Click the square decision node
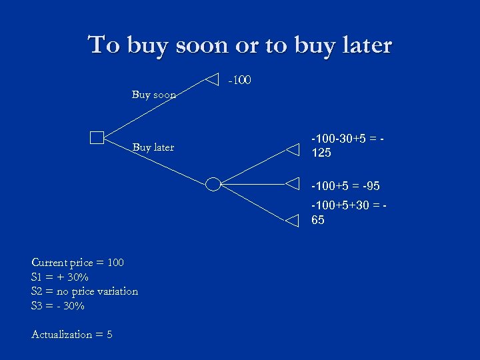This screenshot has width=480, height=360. [x=97, y=138]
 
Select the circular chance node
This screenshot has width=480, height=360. [x=213, y=184]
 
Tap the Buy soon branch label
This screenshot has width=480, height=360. [x=154, y=95]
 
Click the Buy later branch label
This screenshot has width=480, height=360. [x=153, y=147]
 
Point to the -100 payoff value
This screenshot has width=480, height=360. [x=239, y=81]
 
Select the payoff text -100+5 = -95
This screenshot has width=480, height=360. [x=345, y=185]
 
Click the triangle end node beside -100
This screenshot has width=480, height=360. [x=211, y=79]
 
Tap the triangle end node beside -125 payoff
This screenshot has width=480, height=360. [x=293, y=149]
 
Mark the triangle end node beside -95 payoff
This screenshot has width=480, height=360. [x=293, y=183]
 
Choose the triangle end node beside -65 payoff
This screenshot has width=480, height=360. [x=293, y=221]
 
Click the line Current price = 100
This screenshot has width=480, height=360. [x=77, y=263]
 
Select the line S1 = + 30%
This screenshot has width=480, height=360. [x=60, y=277]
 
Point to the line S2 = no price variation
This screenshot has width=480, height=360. [x=85, y=291]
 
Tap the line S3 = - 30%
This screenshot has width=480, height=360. [x=58, y=306]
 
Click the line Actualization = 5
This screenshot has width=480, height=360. [x=72, y=335]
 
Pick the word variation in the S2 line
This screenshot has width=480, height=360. [x=116, y=291]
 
